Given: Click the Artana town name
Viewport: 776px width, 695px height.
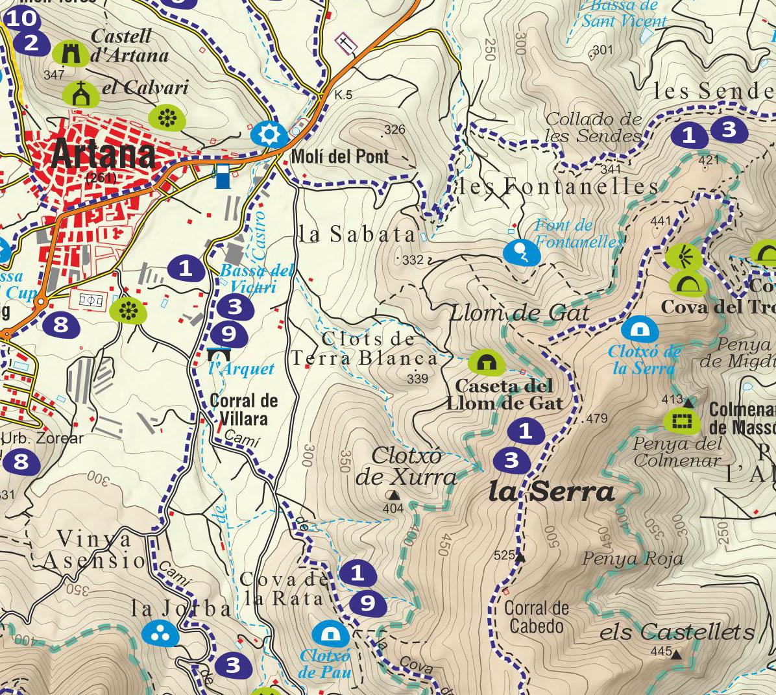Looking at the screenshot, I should [x=103, y=154].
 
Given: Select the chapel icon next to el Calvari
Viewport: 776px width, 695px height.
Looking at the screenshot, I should [x=81, y=95].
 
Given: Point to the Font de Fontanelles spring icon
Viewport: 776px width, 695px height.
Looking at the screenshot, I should [x=520, y=252].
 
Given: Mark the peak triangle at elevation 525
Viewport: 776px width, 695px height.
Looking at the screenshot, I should [x=520, y=557].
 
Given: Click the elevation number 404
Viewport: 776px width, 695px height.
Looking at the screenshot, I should [x=393, y=508].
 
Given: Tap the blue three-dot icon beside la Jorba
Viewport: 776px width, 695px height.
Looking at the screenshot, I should [x=160, y=633].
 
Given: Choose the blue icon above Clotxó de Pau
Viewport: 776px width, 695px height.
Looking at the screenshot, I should [x=330, y=633].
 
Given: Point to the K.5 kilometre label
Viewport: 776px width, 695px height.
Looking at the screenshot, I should [x=343, y=95].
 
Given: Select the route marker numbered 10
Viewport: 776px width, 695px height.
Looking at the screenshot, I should [x=21, y=18].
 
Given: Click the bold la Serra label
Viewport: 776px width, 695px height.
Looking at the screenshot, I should [x=550, y=492].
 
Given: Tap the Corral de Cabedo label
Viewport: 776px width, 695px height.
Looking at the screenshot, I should [x=536, y=617].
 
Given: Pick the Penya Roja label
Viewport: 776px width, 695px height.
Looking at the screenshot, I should [x=633, y=558].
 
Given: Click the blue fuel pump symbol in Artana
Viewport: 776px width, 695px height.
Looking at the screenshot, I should [x=222, y=176].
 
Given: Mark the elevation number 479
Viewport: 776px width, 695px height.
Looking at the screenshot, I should [x=596, y=419].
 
